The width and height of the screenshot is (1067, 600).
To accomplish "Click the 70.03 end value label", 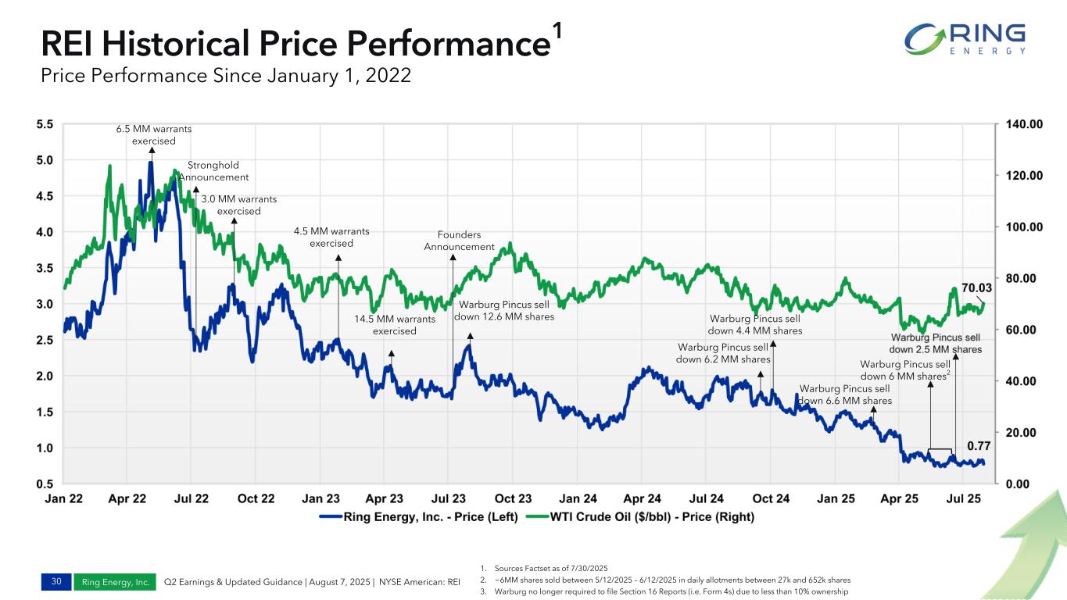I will tap(976, 287).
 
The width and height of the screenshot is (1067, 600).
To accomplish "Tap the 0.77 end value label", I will tap(979, 446).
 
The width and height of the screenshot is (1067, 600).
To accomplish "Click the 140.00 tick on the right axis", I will tap(1023, 124).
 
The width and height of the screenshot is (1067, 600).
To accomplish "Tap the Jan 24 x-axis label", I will tap(578, 498).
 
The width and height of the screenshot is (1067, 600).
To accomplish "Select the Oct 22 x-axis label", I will tap(256, 498).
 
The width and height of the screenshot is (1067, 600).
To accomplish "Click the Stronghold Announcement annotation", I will tap(213, 171).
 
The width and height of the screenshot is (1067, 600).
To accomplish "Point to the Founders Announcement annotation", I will tap(459, 241).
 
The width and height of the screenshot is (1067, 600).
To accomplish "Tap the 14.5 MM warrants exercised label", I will tap(394, 324).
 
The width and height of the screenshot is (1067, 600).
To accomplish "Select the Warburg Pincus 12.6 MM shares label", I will tap(504, 310).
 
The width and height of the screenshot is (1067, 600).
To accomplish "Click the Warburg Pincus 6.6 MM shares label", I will tap(844, 395).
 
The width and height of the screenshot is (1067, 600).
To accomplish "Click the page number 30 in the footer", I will tap(56, 581).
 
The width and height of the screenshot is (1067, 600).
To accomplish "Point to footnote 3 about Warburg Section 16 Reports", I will tap(665, 592).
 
